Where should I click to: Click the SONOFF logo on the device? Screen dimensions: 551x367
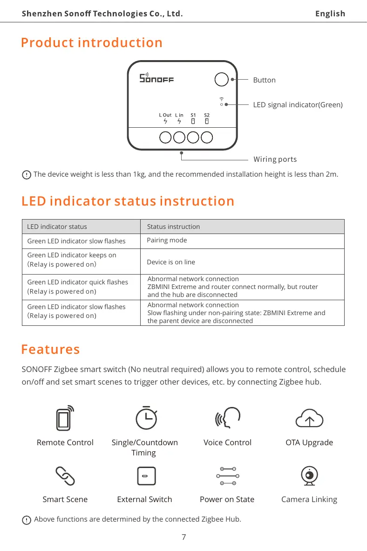(156, 78)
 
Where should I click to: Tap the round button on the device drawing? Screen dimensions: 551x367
(221, 79)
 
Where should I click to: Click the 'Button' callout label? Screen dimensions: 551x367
(264, 80)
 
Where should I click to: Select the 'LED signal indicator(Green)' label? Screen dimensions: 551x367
(298, 105)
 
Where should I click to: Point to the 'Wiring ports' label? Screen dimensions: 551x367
(275, 159)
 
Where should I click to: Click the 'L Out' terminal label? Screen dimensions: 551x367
(165, 115)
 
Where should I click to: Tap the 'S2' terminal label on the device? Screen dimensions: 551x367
(207, 115)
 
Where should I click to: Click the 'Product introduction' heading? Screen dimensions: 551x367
(92, 43)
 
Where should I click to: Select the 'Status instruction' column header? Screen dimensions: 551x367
(173, 227)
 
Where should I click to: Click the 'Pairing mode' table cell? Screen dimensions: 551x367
(167, 240)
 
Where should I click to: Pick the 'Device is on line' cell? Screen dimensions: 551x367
(171, 262)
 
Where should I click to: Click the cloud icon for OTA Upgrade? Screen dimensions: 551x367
(309, 418)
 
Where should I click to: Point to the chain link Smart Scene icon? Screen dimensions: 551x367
(65, 475)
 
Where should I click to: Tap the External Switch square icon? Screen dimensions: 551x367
(146, 476)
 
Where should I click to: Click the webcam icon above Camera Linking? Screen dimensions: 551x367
(309, 475)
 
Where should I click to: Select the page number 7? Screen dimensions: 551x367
(183, 537)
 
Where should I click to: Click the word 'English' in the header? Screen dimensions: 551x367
(330, 14)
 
